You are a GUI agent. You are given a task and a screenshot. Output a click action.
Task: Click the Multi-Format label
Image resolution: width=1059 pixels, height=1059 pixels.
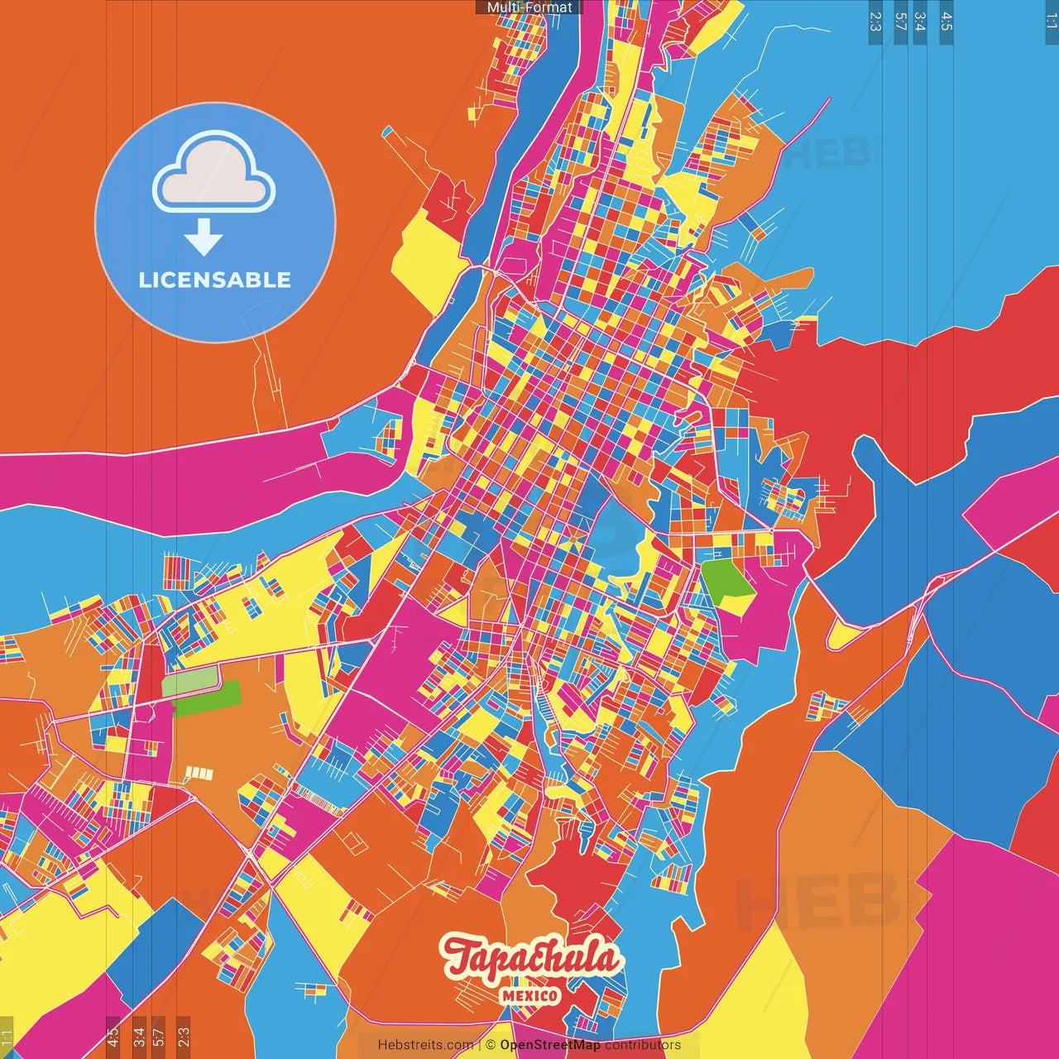(x=529, y=7)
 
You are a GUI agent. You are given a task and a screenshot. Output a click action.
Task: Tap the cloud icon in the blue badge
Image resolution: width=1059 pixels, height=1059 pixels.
(x=214, y=171)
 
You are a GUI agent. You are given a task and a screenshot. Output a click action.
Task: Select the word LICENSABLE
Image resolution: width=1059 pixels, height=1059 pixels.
(x=215, y=280)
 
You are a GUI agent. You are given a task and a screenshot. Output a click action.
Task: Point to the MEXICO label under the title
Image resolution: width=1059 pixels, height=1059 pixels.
(x=529, y=995)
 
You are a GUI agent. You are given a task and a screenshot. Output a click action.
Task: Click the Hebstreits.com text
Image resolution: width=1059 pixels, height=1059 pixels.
(x=425, y=1045)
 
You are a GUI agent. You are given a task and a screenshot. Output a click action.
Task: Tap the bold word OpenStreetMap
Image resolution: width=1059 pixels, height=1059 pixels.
(x=550, y=1045)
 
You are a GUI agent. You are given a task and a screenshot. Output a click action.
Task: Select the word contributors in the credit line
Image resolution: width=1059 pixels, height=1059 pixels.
(x=643, y=1045)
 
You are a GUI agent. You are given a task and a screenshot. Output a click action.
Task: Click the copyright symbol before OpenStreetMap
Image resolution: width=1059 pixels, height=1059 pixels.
(x=491, y=1045)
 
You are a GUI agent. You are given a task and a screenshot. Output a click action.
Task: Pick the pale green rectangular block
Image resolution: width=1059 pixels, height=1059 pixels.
(x=190, y=683)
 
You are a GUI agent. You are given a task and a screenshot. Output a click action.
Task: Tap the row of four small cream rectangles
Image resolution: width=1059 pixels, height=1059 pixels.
(x=199, y=774)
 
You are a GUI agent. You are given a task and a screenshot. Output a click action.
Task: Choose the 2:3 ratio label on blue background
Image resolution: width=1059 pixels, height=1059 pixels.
(x=875, y=22)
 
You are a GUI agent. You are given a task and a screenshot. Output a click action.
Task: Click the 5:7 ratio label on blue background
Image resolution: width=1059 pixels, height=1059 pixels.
(x=900, y=22)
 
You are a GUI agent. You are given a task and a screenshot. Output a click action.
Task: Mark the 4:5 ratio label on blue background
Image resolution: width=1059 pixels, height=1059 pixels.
(x=946, y=22)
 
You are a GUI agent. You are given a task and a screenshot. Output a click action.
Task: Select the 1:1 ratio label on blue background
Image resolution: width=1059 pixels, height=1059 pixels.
(x=1051, y=22)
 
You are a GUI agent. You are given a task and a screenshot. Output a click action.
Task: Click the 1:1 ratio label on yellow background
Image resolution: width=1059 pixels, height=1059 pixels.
(x=7, y=1037)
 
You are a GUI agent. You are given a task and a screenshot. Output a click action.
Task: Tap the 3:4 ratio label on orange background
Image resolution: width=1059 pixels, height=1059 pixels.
(x=139, y=1037)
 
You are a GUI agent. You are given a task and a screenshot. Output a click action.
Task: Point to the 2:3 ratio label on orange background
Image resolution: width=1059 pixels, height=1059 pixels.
(x=184, y=1037)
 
